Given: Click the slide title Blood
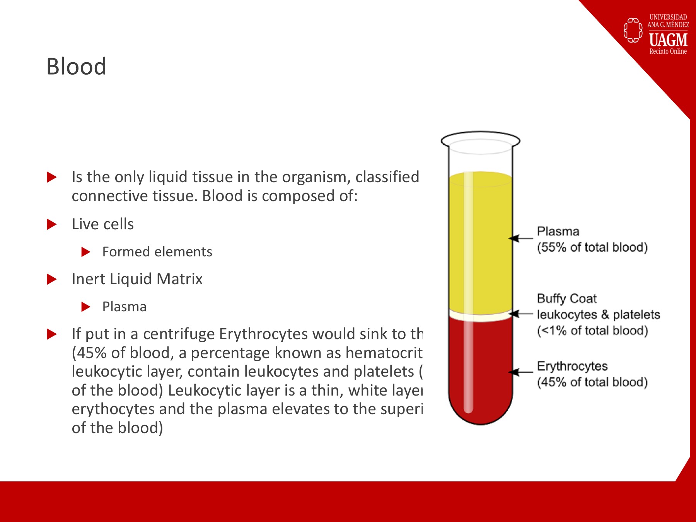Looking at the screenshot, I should pyautogui.click(x=76, y=66).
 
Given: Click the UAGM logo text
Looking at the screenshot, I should pyautogui.click(x=668, y=40).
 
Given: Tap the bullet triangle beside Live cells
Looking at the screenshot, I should pyautogui.click(x=51, y=224).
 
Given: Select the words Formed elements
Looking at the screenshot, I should pyautogui.click(x=157, y=252).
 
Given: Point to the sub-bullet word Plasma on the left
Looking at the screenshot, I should pyautogui.click(x=124, y=307).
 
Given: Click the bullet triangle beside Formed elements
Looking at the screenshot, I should pyautogui.click(x=86, y=252).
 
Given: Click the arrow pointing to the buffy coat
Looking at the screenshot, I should pyautogui.click(x=521, y=314).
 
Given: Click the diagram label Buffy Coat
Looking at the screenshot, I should pyautogui.click(x=566, y=299).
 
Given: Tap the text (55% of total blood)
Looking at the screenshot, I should pyautogui.click(x=592, y=247).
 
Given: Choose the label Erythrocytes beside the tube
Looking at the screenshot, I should pyautogui.click(x=572, y=366).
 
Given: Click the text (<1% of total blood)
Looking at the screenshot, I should pyautogui.click(x=592, y=331).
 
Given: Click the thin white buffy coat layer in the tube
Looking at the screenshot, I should pyautogui.click(x=481, y=316).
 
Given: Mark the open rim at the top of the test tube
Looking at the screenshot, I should pyautogui.click(x=481, y=140).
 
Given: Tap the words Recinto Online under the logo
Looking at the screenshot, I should pyautogui.click(x=668, y=51).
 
